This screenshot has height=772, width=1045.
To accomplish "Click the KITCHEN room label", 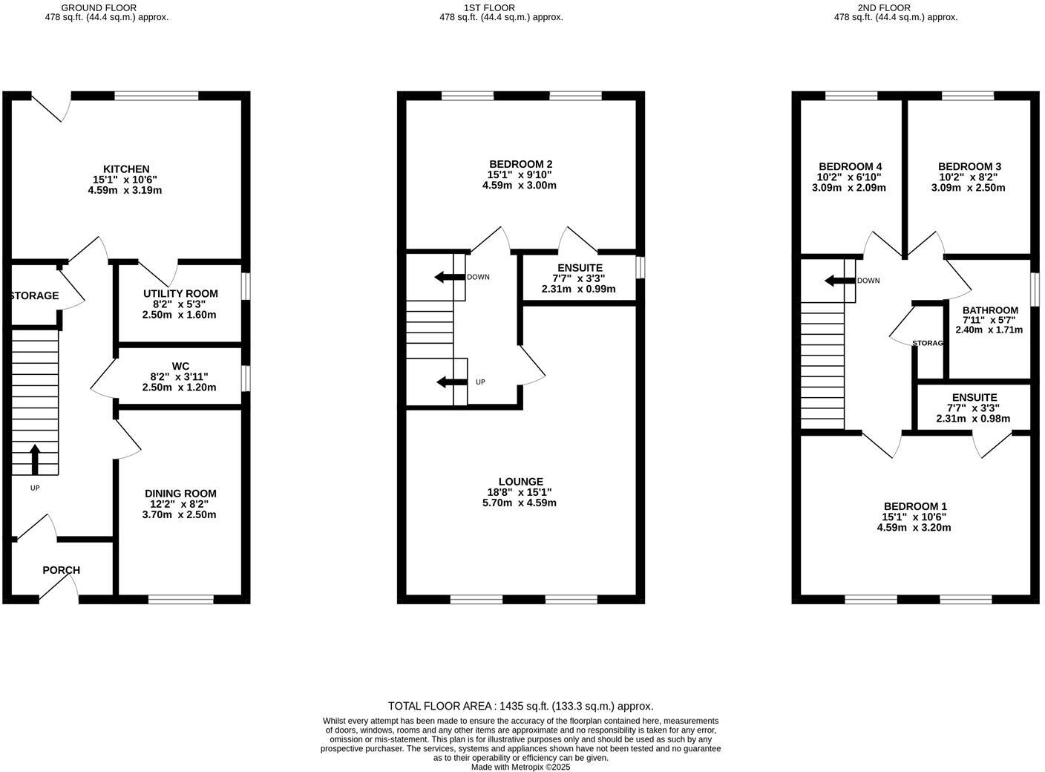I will click(x=126, y=169).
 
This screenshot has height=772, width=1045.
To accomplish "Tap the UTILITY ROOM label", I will click(x=179, y=294).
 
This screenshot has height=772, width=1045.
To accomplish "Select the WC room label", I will click(x=180, y=366).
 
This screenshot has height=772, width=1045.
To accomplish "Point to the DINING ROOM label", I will click(x=180, y=494).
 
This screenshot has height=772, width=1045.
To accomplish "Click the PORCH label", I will click(x=61, y=570).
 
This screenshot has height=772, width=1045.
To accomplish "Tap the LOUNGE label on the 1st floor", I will click(x=520, y=482).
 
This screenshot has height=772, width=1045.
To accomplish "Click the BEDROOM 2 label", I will click(x=520, y=164).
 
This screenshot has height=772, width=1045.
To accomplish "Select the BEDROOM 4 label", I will click(x=850, y=166).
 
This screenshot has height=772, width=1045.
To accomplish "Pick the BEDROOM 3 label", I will click(x=969, y=166).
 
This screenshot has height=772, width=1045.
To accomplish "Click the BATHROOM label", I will click(x=990, y=310).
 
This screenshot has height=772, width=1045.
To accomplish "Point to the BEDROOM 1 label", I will click(x=914, y=506).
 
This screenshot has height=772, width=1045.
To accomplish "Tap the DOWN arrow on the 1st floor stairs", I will click(x=448, y=277).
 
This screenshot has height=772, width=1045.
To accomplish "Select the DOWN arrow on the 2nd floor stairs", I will click(x=839, y=281).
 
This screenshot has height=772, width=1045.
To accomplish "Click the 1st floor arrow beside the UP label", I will click(x=450, y=382).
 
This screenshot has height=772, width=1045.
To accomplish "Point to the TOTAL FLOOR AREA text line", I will click(x=520, y=706).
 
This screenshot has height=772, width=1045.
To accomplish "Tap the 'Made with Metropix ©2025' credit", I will click(x=520, y=767).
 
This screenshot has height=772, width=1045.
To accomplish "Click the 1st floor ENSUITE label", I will click(x=580, y=268).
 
